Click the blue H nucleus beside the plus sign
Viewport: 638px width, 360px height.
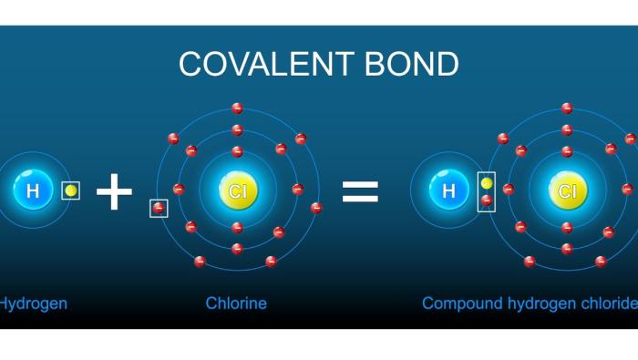point(34,190)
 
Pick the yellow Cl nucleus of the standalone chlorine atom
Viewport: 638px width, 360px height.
point(237,190)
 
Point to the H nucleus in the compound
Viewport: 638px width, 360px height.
point(448,190)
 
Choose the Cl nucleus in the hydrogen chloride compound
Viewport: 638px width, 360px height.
point(567,190)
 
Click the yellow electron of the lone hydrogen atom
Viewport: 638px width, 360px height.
point(70,190)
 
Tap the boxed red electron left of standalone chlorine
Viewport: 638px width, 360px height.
point(159,209)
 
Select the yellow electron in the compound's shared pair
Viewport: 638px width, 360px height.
point(487,183)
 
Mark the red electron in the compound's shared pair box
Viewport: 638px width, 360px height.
point(487,200)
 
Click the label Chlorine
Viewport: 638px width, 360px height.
point(236,303)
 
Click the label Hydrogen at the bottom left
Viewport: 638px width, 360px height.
point(33,303)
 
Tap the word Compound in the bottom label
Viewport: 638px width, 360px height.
point(460,303)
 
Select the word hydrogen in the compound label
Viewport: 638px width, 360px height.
point(538,303)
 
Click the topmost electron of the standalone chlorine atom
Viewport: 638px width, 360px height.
point(237,108)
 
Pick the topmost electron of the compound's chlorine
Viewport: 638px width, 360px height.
point(567,108)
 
